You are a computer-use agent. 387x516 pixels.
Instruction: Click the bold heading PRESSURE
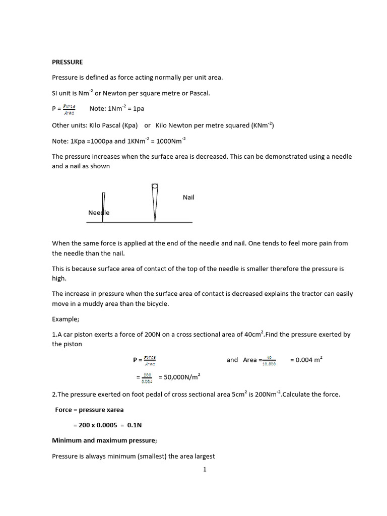(68, 62)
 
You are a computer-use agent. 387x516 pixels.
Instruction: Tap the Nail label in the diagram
(188, 197)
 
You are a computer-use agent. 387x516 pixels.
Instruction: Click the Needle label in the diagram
(98, 213)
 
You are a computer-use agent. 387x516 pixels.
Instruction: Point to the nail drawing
(155, 202)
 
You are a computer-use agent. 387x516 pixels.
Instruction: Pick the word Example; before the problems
(66, 319)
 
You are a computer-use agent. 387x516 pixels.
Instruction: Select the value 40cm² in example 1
(252, 335)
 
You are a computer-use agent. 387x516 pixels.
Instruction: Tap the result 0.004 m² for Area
(306, 360)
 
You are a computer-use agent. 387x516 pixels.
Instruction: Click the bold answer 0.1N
(135, 425)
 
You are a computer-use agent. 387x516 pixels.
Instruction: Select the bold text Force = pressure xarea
(89, 410)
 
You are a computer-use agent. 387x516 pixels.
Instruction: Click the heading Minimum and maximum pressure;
(104, 440)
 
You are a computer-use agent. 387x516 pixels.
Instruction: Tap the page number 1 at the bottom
(205, 469)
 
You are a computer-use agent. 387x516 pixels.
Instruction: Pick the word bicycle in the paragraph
(154, 304)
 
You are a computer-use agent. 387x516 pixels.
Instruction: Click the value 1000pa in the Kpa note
(97, 141)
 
